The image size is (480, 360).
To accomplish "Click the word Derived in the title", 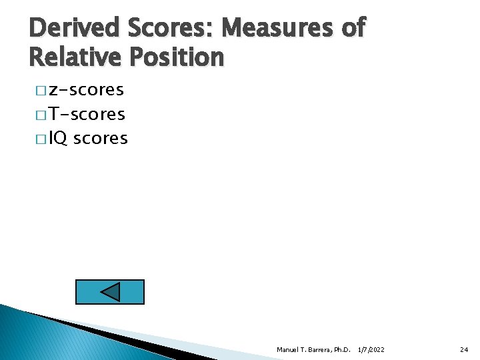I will coord(73,27).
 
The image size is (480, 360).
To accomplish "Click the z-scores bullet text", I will coord(86,90).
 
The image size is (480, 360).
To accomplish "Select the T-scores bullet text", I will coord(87,114).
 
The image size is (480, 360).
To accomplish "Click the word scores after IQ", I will coord(100,139).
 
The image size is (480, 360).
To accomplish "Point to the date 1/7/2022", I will coord(371,349).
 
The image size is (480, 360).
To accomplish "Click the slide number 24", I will coord(464,349).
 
